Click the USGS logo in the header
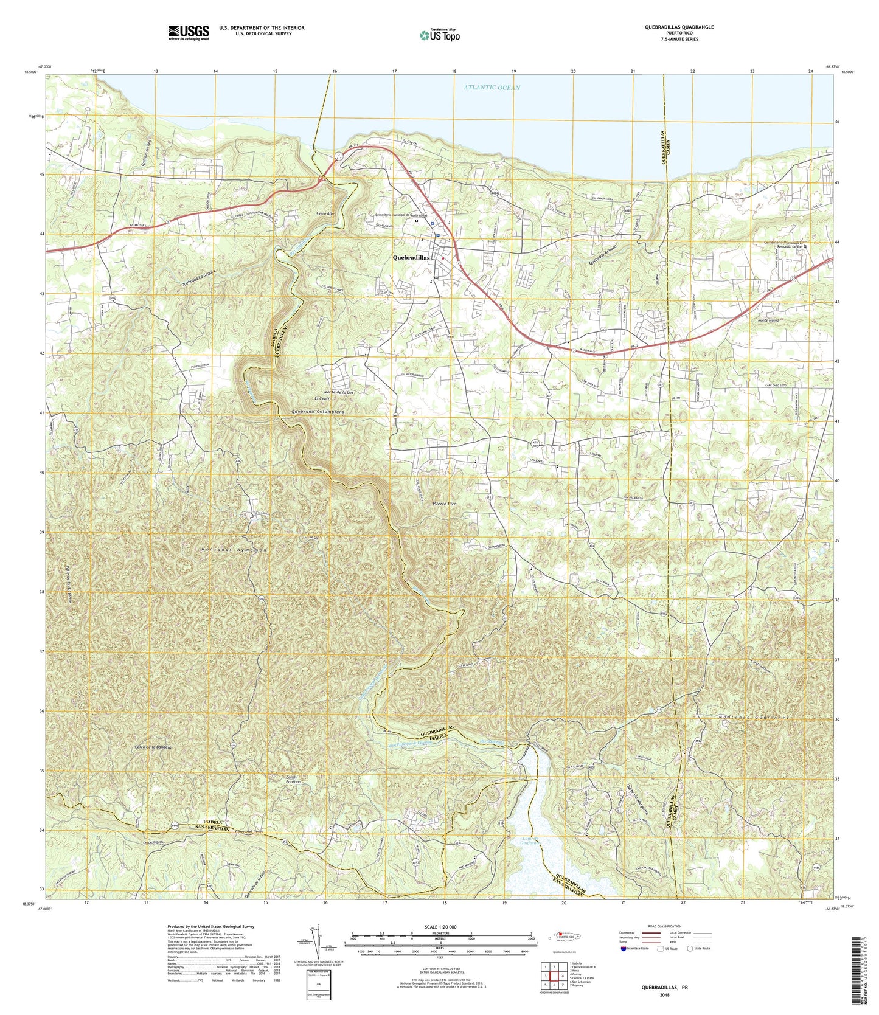[x=189, y=32]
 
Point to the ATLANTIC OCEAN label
[x=492, y=88]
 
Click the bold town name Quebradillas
[x=411, y=257]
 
